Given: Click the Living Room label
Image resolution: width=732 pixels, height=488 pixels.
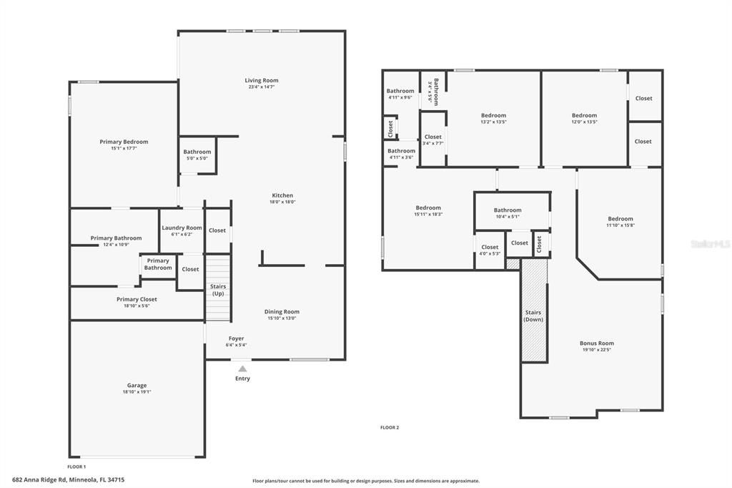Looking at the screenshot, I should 262,81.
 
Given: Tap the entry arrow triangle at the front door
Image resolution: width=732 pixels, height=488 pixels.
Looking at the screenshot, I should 242,369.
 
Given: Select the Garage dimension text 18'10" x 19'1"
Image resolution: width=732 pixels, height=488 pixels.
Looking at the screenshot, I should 137,392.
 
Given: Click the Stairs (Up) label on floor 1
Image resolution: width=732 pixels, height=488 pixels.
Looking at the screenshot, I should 218,290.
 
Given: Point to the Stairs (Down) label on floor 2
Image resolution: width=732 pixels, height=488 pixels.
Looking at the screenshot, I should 533,316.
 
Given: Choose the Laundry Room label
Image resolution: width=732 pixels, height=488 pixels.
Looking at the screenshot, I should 182,228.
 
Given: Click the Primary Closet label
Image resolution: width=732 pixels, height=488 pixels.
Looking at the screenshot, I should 137,299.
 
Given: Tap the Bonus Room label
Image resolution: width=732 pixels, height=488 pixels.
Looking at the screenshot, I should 596,343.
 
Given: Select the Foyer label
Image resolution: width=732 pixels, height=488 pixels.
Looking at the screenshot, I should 236,338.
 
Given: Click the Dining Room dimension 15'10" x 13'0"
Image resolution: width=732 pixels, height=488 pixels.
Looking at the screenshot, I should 282,318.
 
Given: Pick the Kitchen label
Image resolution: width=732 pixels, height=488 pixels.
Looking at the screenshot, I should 282,195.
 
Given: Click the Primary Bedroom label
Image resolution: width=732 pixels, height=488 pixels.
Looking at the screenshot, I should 124,142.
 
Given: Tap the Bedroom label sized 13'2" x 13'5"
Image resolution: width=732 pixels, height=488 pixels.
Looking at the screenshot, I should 493,115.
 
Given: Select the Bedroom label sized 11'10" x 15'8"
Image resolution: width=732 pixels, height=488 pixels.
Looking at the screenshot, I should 620,219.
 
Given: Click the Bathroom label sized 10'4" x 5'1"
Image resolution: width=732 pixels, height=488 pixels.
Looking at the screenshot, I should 508,210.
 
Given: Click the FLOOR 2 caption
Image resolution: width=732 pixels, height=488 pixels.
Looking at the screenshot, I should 390,427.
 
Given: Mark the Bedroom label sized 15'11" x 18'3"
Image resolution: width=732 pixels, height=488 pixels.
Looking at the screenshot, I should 428,208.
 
